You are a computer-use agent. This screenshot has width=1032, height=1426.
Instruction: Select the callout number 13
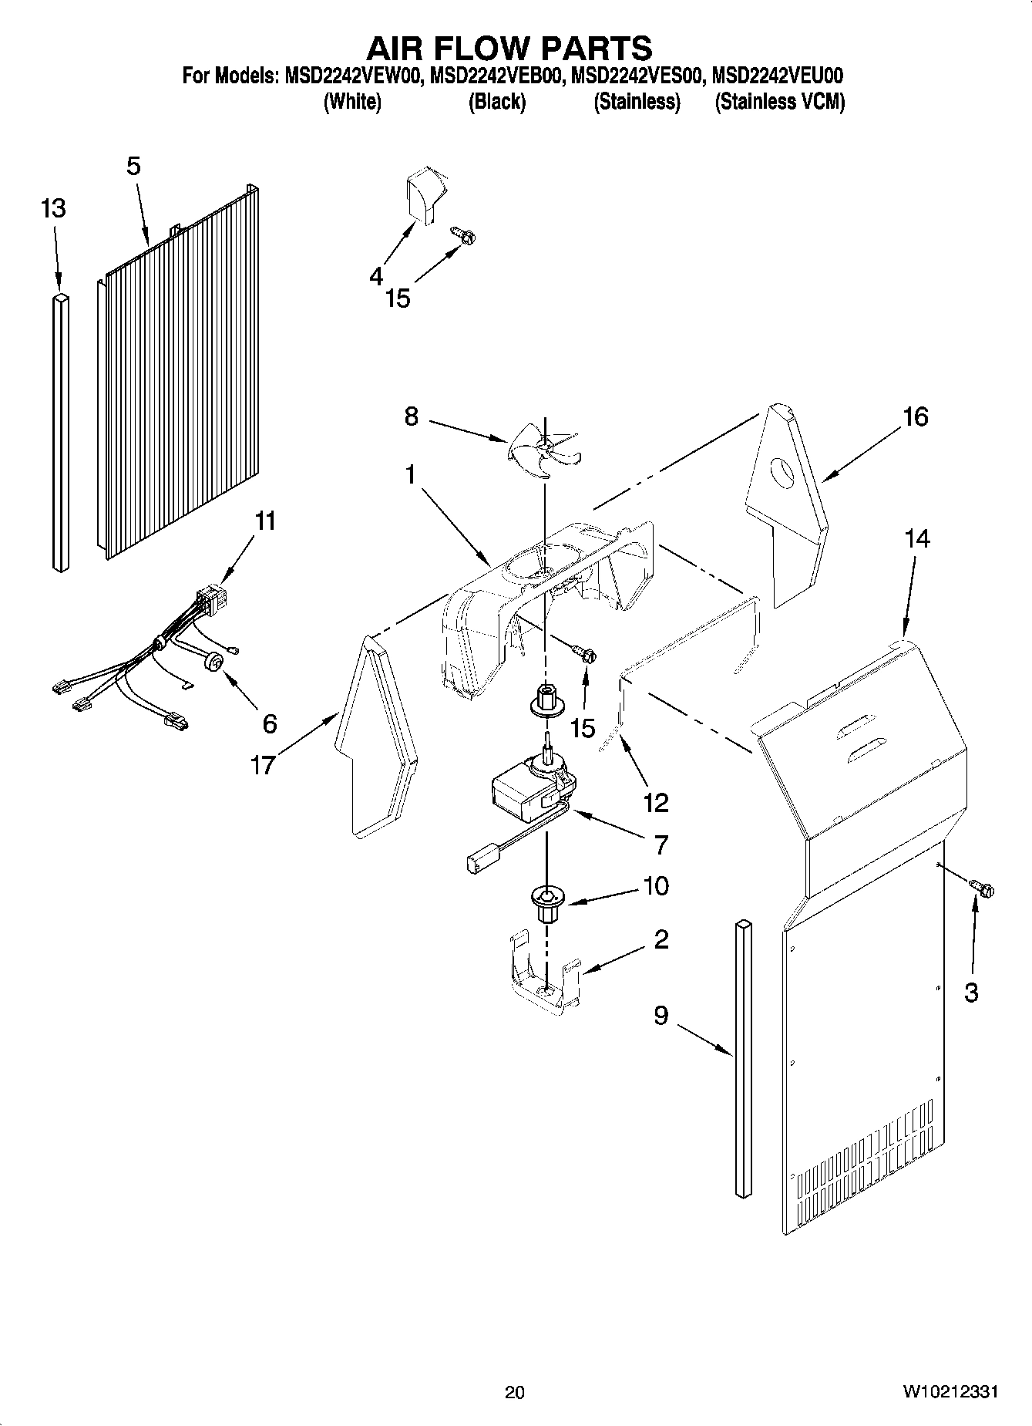coord(53,208)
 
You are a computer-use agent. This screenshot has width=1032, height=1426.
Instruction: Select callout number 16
coord(916,417)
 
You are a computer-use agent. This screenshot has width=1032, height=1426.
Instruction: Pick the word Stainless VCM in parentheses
coord(779,102)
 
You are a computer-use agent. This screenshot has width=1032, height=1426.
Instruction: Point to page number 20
coord(514,1393)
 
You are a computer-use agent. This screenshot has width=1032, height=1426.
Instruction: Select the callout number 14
coord(917,538)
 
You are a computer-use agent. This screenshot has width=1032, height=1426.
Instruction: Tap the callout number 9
coord(661,1016)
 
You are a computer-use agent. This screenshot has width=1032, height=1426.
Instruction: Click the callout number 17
coord(263,765)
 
